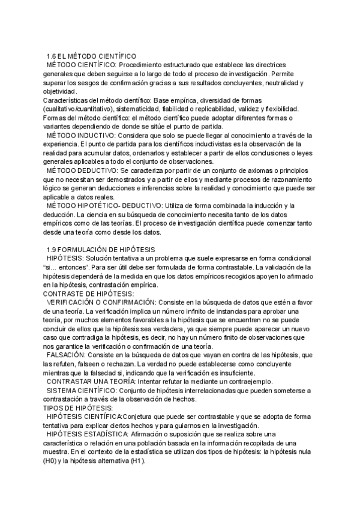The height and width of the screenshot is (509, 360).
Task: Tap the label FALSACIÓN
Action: [x=67, y=355]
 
